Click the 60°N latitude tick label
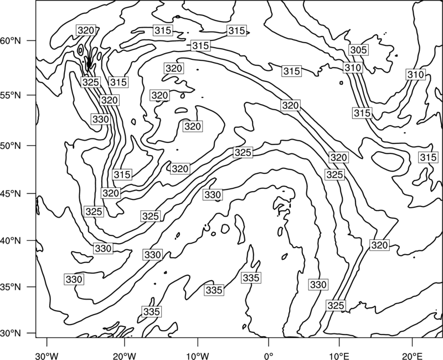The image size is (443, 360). click(11, 41)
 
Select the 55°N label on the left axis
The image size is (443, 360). click(11, 95)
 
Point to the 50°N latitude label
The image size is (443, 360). click(11, 146)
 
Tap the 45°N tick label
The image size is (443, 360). click(11, 193)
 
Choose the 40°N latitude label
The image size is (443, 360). click(11, 241)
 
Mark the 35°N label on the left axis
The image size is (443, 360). click(11, 287)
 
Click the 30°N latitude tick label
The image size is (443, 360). click(11, 333)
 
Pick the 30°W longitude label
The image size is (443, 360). click(47, 356)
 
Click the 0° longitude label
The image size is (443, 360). click(269, 356)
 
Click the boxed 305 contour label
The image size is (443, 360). click(358, 50)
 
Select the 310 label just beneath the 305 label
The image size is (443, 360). click(353, 68)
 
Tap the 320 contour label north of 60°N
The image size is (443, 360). click(86, 30)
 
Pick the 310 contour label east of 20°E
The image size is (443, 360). click(416, 75)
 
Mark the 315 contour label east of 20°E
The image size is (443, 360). click(428, 157)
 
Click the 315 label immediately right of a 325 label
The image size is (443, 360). click(119, 82)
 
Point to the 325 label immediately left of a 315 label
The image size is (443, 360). click(91, 82)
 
